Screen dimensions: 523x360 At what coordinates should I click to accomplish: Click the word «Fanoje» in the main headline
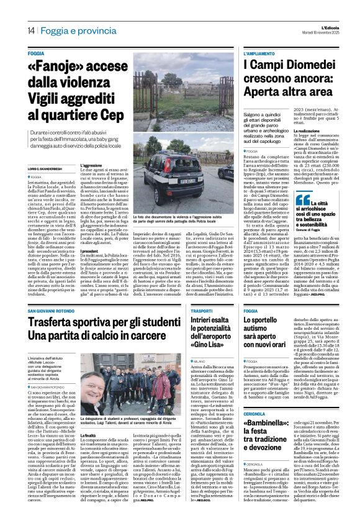click(x=58, y=66)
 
